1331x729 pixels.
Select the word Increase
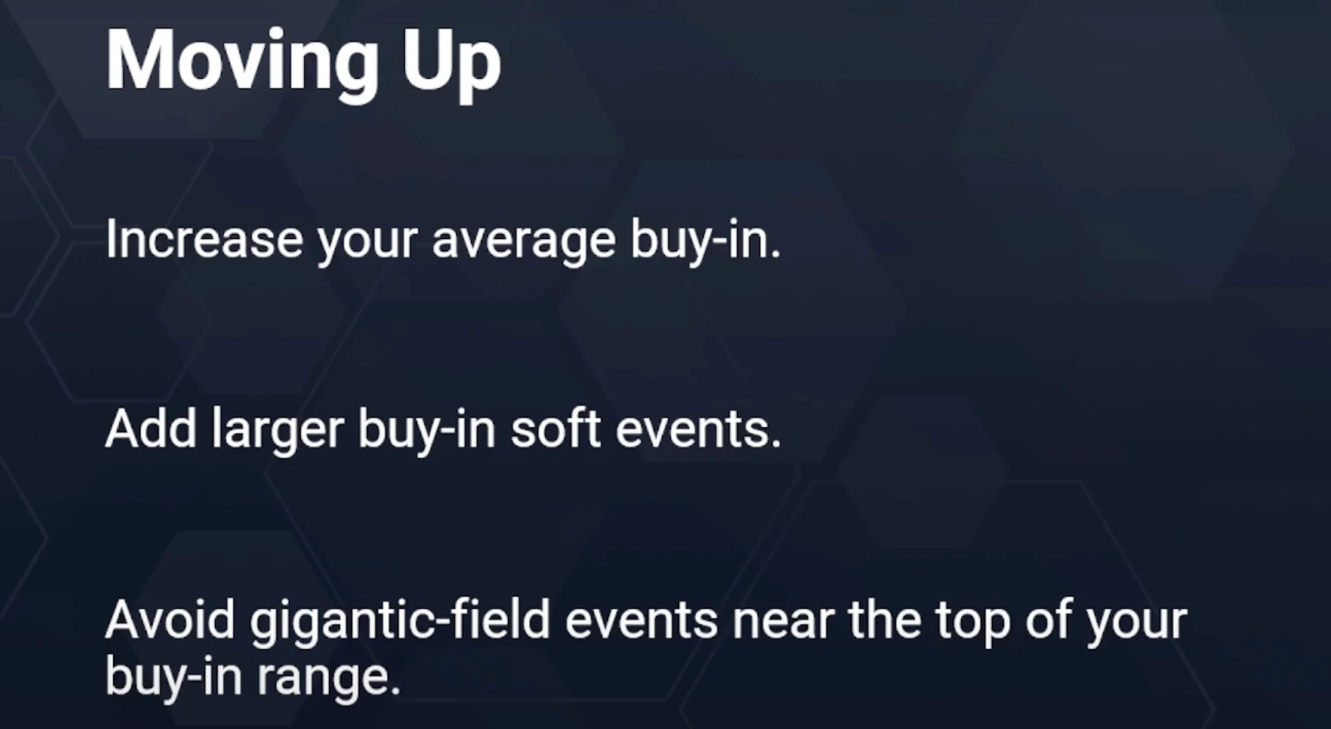pos(204,239)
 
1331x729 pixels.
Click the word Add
pos(150,428)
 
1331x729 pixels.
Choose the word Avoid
pos(170,620)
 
